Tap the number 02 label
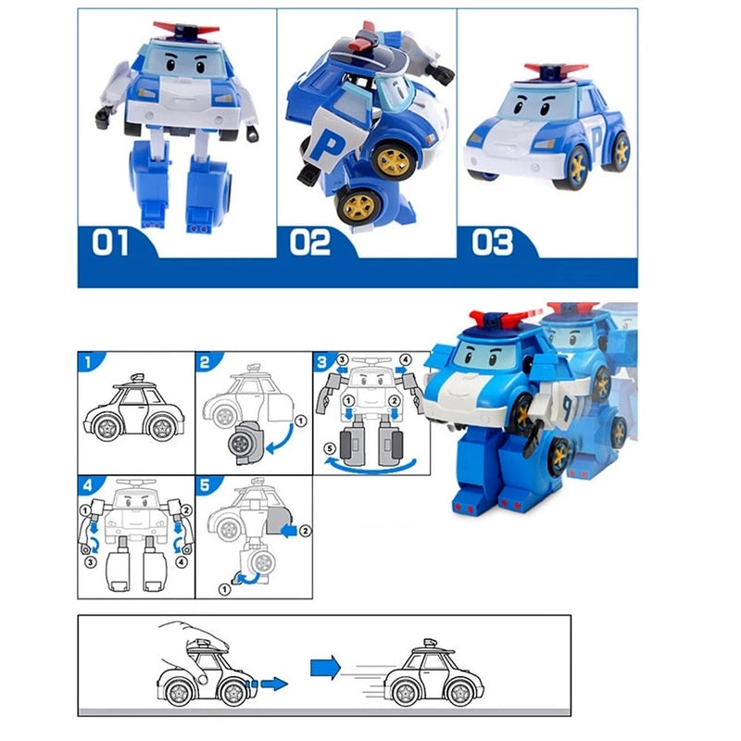tap(309, 243)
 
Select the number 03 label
tap(492, 243)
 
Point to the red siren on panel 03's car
tap(556, 70)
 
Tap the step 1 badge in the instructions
tap(86, 361)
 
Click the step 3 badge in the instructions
tap(321, 361)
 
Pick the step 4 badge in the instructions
tap(86, 484)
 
